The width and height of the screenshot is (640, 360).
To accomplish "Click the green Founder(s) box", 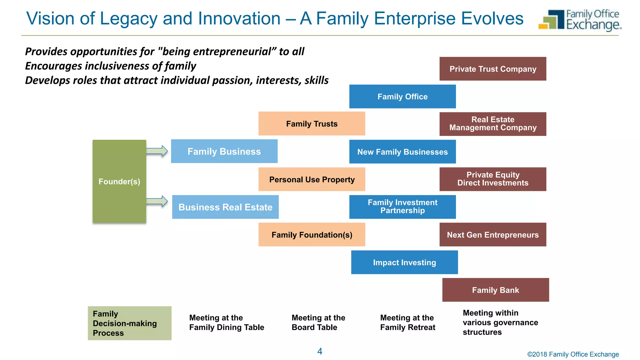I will point(119,181).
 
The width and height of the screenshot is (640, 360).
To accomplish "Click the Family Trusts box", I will point(312,124).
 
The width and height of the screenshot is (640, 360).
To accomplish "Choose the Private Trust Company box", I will point(492,69).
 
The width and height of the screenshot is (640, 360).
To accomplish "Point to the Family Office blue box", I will point(402,97).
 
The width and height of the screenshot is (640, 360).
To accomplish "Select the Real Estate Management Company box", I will point(492,124).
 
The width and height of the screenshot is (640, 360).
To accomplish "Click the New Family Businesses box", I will point(402,152).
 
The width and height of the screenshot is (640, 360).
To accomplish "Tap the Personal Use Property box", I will point(312,179).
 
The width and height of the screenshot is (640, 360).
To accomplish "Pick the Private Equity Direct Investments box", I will point(492,179).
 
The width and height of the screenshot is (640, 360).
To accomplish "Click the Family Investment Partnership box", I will point(402,207).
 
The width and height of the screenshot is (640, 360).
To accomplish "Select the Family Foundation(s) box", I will point(312,235).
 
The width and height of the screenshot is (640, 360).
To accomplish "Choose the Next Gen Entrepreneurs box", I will point(492,235).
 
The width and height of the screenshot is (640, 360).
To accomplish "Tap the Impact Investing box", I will point(404,262).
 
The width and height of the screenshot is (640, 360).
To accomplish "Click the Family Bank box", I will point(495,290).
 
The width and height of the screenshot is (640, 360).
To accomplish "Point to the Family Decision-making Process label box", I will point(129,323).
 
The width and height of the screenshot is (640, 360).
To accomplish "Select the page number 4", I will point(320,351).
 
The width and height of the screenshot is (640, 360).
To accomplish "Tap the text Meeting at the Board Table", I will point(318,322).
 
